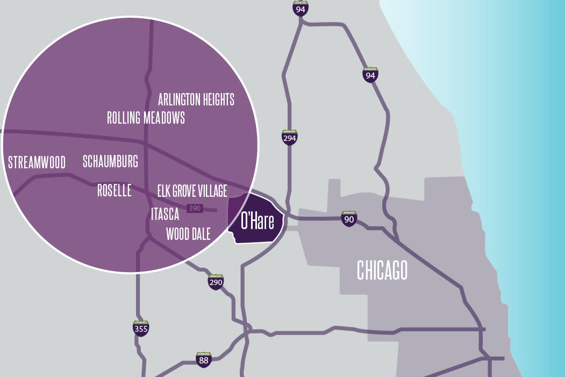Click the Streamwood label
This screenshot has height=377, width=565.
click(37, 162)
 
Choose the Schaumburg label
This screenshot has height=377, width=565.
click(110, 161)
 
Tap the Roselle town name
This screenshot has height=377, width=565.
click(114, 190)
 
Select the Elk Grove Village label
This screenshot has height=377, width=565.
click(192, 190)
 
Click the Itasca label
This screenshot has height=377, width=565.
click(165, 214)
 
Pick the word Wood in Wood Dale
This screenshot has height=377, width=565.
click(176, 233)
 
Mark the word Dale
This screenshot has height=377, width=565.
click(200, 233)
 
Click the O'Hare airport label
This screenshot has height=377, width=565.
click(257, 220)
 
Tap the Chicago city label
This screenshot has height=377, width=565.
click(382, 270)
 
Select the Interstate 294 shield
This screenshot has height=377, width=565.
click(290, 137)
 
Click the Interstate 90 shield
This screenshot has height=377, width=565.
click(349, 218)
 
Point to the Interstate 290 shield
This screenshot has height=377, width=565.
click(216, 281)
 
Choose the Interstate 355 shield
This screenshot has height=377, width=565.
click(141, 328)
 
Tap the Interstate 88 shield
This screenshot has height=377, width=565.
click(203, 360)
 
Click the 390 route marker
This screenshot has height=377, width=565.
click(194, 208)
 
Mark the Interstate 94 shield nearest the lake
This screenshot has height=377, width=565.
click(370, 75)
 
